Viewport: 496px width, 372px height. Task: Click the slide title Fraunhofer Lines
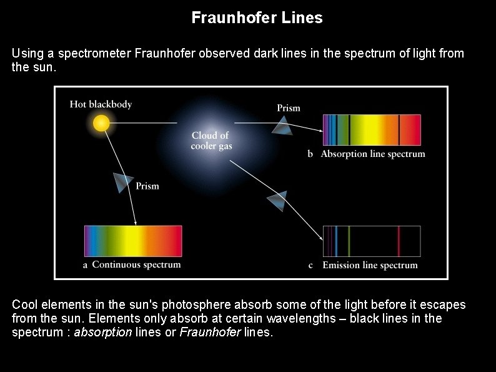257,18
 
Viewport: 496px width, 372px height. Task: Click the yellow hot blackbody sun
101,123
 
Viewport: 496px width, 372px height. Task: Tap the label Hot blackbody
101,104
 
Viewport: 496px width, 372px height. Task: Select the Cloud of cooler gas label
211,141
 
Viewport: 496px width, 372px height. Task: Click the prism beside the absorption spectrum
282,127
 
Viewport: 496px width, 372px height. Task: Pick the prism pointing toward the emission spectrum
276,201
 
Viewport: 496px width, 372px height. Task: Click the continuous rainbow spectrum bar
133,241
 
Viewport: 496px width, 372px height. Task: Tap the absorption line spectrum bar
372,130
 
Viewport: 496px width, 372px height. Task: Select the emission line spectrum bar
372,241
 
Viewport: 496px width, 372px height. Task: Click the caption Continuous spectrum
136,264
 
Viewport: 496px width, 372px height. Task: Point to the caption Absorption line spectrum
372,154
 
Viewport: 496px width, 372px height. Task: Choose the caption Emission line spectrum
370,265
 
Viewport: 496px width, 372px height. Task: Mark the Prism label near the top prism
288,108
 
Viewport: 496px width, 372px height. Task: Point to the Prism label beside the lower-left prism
147,186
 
